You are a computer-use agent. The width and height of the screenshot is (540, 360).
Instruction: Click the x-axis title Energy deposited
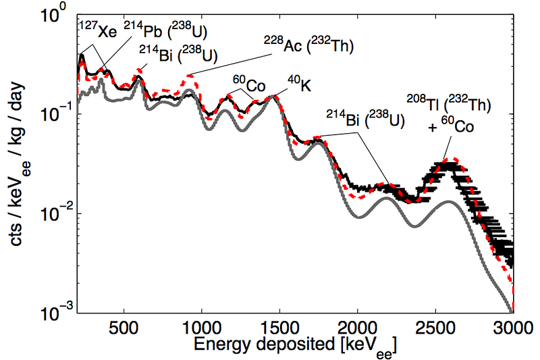pos(294,346)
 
